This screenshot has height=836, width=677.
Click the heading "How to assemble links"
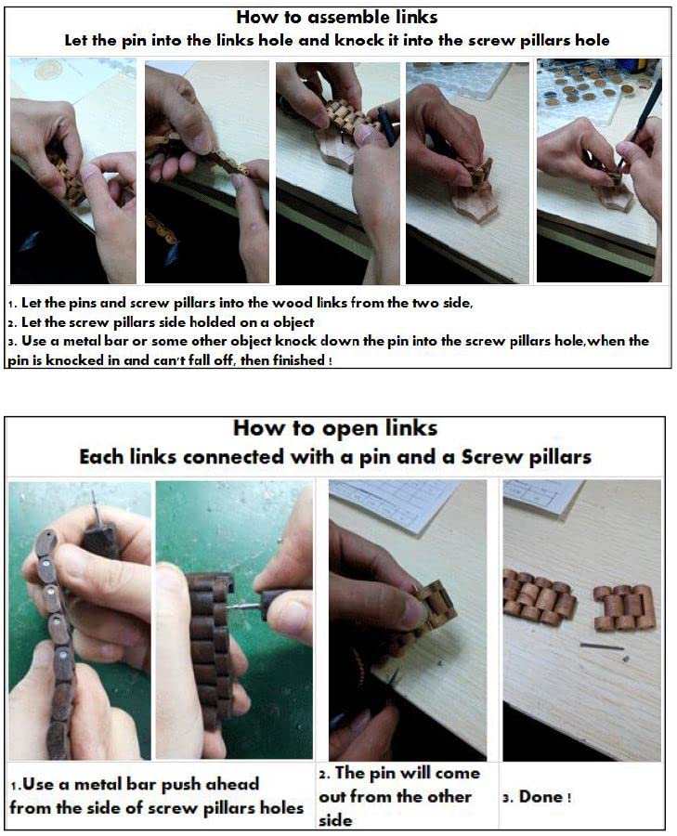pyautogui.click(x=337, y=17)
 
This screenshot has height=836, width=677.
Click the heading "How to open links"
pyautogui.click(x=335, y=428)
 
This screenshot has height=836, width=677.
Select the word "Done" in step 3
pyautogui.click(x=540, y=797)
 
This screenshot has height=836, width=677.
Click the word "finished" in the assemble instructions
pyautogui.click(x=298, y=360)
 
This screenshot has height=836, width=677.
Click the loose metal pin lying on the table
pyautogui.click(x=601, y=647)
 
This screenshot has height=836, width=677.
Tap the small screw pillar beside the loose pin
pyautogui.click(x=626, y=659)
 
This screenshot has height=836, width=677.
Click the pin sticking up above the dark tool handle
pyautogui.click(x=95, y=506)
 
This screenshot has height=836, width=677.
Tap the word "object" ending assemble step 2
pyautogui.click(x=293, y=323)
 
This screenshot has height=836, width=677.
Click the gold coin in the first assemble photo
pyautogui.click(x=48, y=71)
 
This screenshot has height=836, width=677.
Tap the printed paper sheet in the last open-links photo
pyautogui.click(x=542, y=496)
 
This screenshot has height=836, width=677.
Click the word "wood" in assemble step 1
pyautogui.click(x=293, y=304)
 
